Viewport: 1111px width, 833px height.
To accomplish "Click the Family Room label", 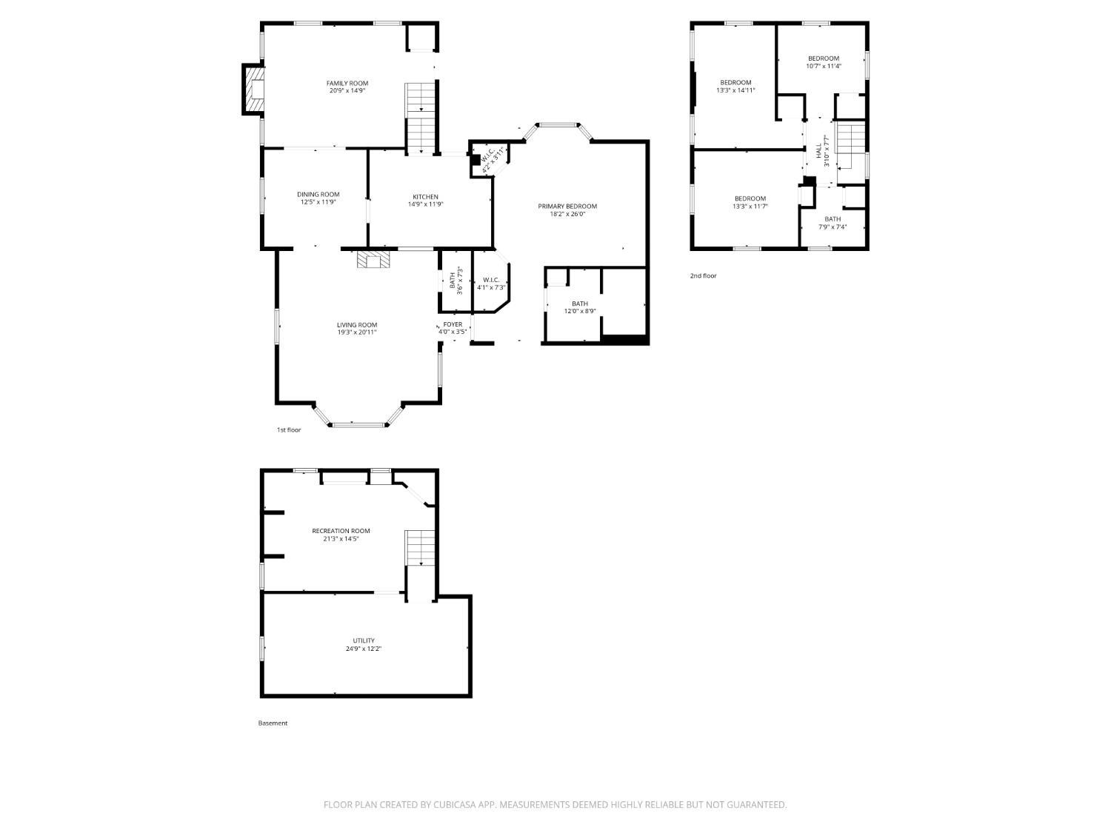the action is click(347, 84).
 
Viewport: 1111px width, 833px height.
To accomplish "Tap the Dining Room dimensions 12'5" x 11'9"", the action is click(318, 202).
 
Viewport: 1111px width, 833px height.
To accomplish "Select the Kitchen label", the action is click(426, 197).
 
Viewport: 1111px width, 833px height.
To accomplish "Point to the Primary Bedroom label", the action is click(567, 207).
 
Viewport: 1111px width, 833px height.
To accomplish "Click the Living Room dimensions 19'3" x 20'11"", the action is click(357, 332).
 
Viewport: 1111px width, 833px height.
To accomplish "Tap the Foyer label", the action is click(453, 325).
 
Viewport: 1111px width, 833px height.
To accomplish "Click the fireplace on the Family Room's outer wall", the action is click(253, 90).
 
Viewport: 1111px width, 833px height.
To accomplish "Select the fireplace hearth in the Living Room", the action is click(373, 259).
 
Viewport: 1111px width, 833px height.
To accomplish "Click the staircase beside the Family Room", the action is click(421, 117).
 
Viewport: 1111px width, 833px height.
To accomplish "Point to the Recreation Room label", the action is click(341, 531).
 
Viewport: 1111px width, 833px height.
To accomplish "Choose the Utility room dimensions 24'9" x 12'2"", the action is click(364, 649).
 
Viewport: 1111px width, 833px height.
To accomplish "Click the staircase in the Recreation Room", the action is click(420, 548).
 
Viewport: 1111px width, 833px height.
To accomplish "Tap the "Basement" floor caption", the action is click(273, 723).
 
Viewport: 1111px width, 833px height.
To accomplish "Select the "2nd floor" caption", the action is click(704, 275).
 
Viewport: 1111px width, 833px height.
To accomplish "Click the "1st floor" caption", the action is click(289, 430).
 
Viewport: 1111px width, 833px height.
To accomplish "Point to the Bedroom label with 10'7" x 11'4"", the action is click(824, 58).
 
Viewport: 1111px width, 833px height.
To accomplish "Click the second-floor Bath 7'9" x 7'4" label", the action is click(833, 219).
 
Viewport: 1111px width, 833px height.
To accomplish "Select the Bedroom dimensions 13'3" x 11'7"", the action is click(750, 207).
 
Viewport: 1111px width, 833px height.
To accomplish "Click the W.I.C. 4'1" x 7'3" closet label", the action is click(491, 280).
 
